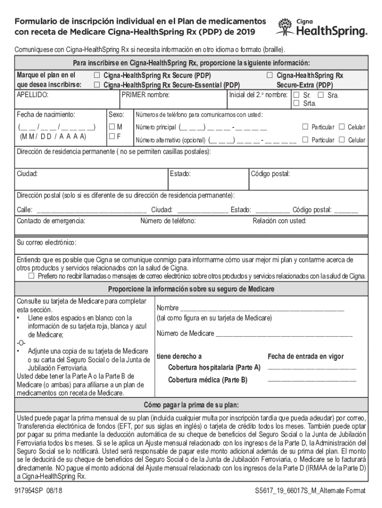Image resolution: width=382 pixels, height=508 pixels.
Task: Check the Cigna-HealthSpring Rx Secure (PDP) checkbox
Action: click(x=97, y=75)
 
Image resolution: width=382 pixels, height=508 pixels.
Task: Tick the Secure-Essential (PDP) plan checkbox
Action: click(x=97, y=85)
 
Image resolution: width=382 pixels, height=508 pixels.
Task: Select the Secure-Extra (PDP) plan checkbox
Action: click(x=270, y=75)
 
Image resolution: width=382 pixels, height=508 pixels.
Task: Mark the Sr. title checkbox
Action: click(x=296, y=95)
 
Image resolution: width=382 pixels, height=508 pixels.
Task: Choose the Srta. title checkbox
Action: click(x=296, y=103)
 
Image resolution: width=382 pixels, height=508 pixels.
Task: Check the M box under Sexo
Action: click(x=113, y=127)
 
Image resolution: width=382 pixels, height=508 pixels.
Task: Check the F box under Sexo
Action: click(x=113, y=136)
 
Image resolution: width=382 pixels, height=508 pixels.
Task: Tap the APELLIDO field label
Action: click(x=32, y=94)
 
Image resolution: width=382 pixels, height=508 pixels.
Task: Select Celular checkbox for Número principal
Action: click(x=341, y=127)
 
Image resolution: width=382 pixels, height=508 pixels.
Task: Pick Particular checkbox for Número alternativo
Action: click(x=306, y=140)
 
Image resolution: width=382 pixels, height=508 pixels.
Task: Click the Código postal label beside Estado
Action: click(x=270, y=174)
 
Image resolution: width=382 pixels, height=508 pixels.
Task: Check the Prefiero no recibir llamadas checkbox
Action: click(x=32, y=276)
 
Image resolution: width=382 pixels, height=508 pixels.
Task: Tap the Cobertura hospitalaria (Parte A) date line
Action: click(x=312, y=368)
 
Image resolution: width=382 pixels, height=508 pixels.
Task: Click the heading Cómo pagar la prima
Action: click(x=191, y=404)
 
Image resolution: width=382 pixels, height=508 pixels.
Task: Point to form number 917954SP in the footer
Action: click(x=31, y=491)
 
